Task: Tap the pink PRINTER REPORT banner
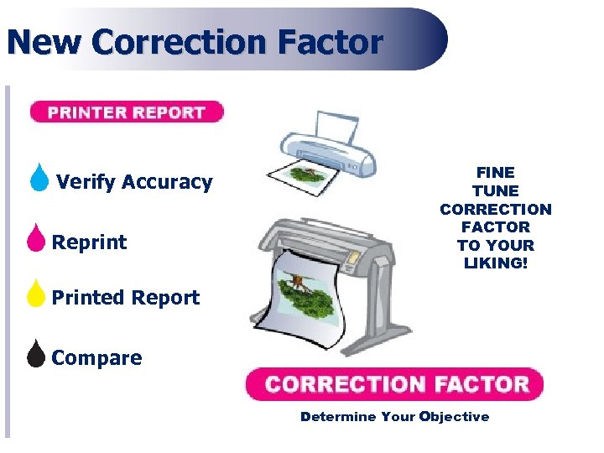pyautogui.click(x=127, y=112)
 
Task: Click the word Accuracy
pyautogui.click(x=167, y=182)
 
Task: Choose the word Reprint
pyautogui.click(x=90, y=242)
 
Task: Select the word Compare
pyautogui.click(x=96, y=358)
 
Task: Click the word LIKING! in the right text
pyautogui.click(x=495, y=263)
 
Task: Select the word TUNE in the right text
pyautogui.click(x=495, y=191)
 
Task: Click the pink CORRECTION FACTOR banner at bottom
pyautogui.click(x=395, y=385)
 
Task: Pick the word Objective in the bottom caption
pyautogui.click(x=455, y=417)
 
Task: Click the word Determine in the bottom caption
pyautogui.click(x=338, y=417)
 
